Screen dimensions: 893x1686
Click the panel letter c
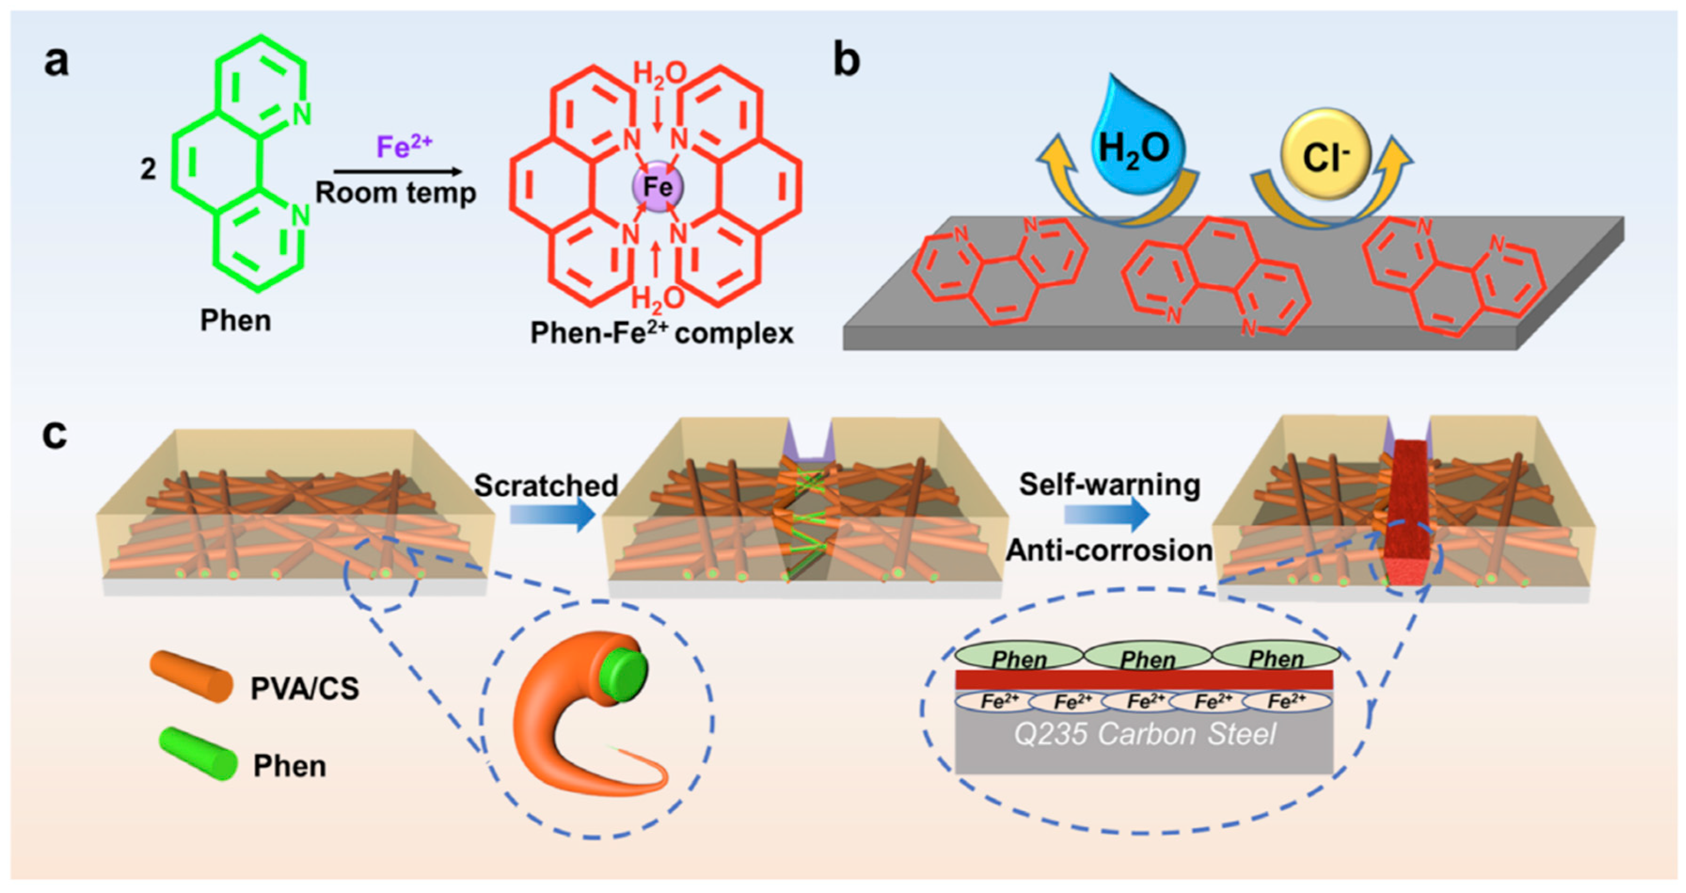[x=55, y=434]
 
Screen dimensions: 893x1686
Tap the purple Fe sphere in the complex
[x=657, y=187]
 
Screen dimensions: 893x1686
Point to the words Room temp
[x=396, y=193]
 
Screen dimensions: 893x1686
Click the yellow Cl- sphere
[x=1325, y=156]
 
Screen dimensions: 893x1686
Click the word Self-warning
[x=1109, y=485]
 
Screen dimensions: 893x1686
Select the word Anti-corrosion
[x=1109, y=550]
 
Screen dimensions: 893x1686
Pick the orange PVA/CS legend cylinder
[x=191, y=676]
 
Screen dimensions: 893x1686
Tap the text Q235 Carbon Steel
[x=1145, y=734]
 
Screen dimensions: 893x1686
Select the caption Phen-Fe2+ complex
[x=661, y=333]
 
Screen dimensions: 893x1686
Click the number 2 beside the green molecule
[x=149, y=169]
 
